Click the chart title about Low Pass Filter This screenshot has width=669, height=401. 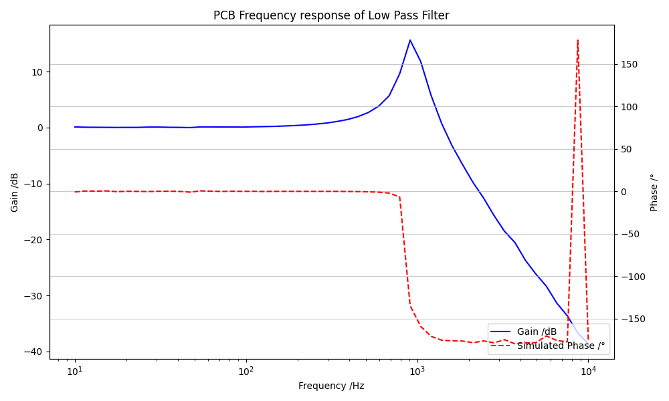pos(331,15)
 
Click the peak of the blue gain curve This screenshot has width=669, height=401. pos(410,40)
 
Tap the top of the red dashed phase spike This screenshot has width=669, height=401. pos(577,40)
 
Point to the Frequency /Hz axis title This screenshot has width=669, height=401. pos(331,386)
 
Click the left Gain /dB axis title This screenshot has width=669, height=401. pos(15,192)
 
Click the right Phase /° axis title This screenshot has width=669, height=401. pos(654,192)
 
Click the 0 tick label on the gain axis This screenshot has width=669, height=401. pos(40,128)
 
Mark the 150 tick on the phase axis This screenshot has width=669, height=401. pos(630,65)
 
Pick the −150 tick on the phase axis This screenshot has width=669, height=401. pos(632,319)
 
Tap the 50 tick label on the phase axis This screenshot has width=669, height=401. pos(628,149)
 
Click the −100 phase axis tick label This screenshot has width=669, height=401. pos(632,277)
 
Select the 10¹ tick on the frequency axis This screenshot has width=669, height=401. pos(75,370)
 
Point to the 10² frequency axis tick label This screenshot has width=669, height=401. pos(246,370)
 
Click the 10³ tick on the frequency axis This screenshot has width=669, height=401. pos(417,370)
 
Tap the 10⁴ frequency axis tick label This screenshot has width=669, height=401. pos(589,370)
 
